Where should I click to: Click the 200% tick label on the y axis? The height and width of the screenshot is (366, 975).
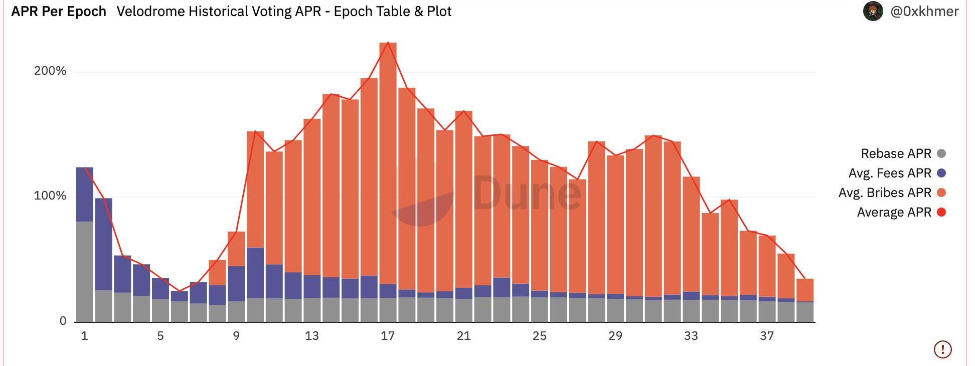click(x=50, y=71)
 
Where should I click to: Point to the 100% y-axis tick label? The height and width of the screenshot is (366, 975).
click(x=50, y=196)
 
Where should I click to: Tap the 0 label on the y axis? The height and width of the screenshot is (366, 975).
click(x=63, y=321)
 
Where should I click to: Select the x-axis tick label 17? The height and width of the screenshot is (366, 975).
click(x=388, y=336)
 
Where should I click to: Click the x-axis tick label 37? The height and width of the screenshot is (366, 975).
click(x=767, y=336)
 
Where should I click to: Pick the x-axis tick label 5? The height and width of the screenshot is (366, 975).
click(x=160, y=336)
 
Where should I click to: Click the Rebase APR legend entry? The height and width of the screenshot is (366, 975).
click(x=896, y=153)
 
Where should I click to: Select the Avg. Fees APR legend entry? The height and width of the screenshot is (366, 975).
click(x=890, y=173)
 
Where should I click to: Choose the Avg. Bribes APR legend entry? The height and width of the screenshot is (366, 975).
click(x=885, y=193)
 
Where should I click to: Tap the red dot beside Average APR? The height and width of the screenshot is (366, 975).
click(x=941, y=212)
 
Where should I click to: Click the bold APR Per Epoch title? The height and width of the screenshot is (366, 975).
click(x=59, y=12)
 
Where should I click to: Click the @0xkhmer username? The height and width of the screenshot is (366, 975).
click(x=924, y=12)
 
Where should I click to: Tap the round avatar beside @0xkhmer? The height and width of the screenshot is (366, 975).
click(x=873, y=11)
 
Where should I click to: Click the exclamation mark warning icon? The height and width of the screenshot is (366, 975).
click(x=943, y=349)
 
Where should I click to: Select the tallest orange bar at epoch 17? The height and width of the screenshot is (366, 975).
click(x=388, y=160)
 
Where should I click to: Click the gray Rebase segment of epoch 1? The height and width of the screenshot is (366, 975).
click(x=85, y=271)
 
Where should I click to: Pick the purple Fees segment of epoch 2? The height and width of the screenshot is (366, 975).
click(x=103, y=244)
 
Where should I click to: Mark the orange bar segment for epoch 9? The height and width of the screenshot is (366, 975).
click(x=236, y=249)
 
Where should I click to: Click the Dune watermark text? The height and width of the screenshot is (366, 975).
click(x=527, y=193)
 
